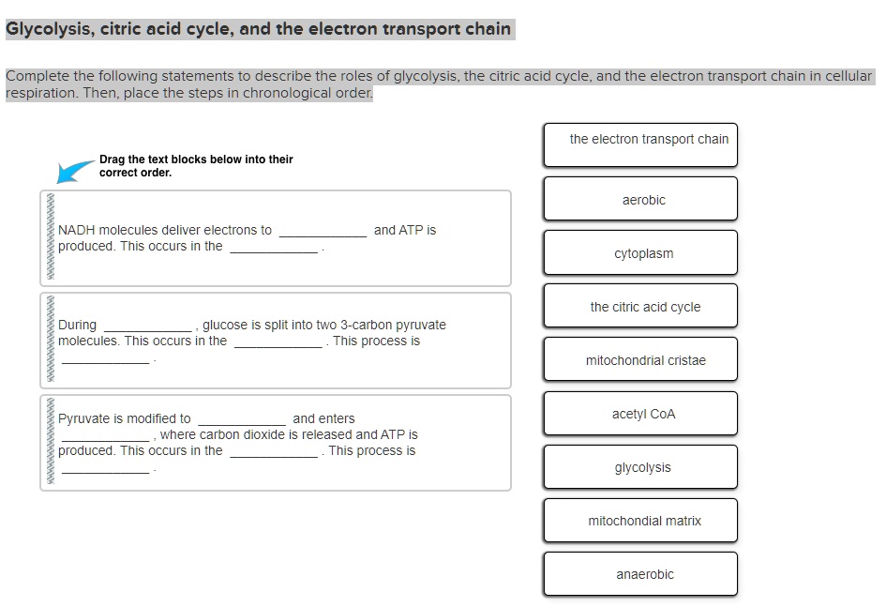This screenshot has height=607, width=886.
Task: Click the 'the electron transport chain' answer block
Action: click(x=640, y=144)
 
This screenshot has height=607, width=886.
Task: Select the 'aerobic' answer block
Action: click(x=640, y=199)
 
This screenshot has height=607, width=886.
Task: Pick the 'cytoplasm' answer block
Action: click(x=640, y=253)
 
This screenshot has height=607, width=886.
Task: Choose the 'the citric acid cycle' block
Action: click(x=640, y=307)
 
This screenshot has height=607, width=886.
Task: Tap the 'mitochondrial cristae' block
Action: click(x=640, y=360)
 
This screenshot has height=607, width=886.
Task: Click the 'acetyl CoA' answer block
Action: click(x=640, y=414)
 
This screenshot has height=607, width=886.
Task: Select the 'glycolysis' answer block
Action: click(x=640, y=467)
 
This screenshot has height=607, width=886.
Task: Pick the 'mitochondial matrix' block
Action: click(x=640, y=521)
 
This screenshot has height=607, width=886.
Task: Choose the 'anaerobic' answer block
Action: click(x=640, y=574)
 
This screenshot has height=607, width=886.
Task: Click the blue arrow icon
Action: click(x=75, y=171)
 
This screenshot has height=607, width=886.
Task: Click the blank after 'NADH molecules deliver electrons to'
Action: click(x=323, y=232)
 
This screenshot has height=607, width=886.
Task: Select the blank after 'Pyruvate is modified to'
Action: click(x=241, y=420)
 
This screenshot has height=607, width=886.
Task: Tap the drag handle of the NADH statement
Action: click(x=50, y=238)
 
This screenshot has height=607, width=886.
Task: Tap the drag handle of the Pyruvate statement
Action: click(x=50, y=443)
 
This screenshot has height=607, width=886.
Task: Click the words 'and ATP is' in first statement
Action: click(x=404, y=230)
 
